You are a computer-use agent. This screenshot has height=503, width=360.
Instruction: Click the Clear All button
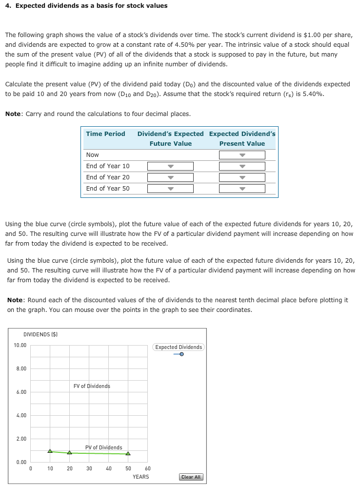coord(191,477)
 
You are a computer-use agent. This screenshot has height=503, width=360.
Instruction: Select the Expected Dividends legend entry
coord(179,348)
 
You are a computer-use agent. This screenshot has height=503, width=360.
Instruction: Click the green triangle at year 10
coord(50,451)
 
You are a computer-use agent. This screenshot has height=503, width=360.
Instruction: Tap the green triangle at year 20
coord(69,453)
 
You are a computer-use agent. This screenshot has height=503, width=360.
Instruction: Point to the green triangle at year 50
coord(128,454)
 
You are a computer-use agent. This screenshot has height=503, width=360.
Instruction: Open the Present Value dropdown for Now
coord(242,155)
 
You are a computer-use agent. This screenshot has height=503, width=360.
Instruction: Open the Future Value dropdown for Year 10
coord(170,166)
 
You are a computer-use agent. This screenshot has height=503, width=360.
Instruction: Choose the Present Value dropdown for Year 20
coord(242,177)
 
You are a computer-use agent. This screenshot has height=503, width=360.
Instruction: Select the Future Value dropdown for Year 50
coord(170,189)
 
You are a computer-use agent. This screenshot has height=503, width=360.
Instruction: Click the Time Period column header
coord(105,134)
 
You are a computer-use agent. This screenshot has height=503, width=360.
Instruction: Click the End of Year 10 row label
coord(108,166)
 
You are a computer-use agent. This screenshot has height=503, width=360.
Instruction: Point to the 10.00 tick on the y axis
coord(20,346)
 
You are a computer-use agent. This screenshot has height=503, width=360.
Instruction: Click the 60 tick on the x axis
coord(148,468)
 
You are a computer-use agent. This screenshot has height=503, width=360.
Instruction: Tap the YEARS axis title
coord(140,477)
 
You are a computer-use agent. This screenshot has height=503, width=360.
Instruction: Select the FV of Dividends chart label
coord(92,386)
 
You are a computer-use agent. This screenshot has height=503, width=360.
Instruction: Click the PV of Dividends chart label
coord(103,447)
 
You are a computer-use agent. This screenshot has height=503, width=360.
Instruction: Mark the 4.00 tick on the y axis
coord(21,416)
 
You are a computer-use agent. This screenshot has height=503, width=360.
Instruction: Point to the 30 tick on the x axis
coord(89,468)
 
